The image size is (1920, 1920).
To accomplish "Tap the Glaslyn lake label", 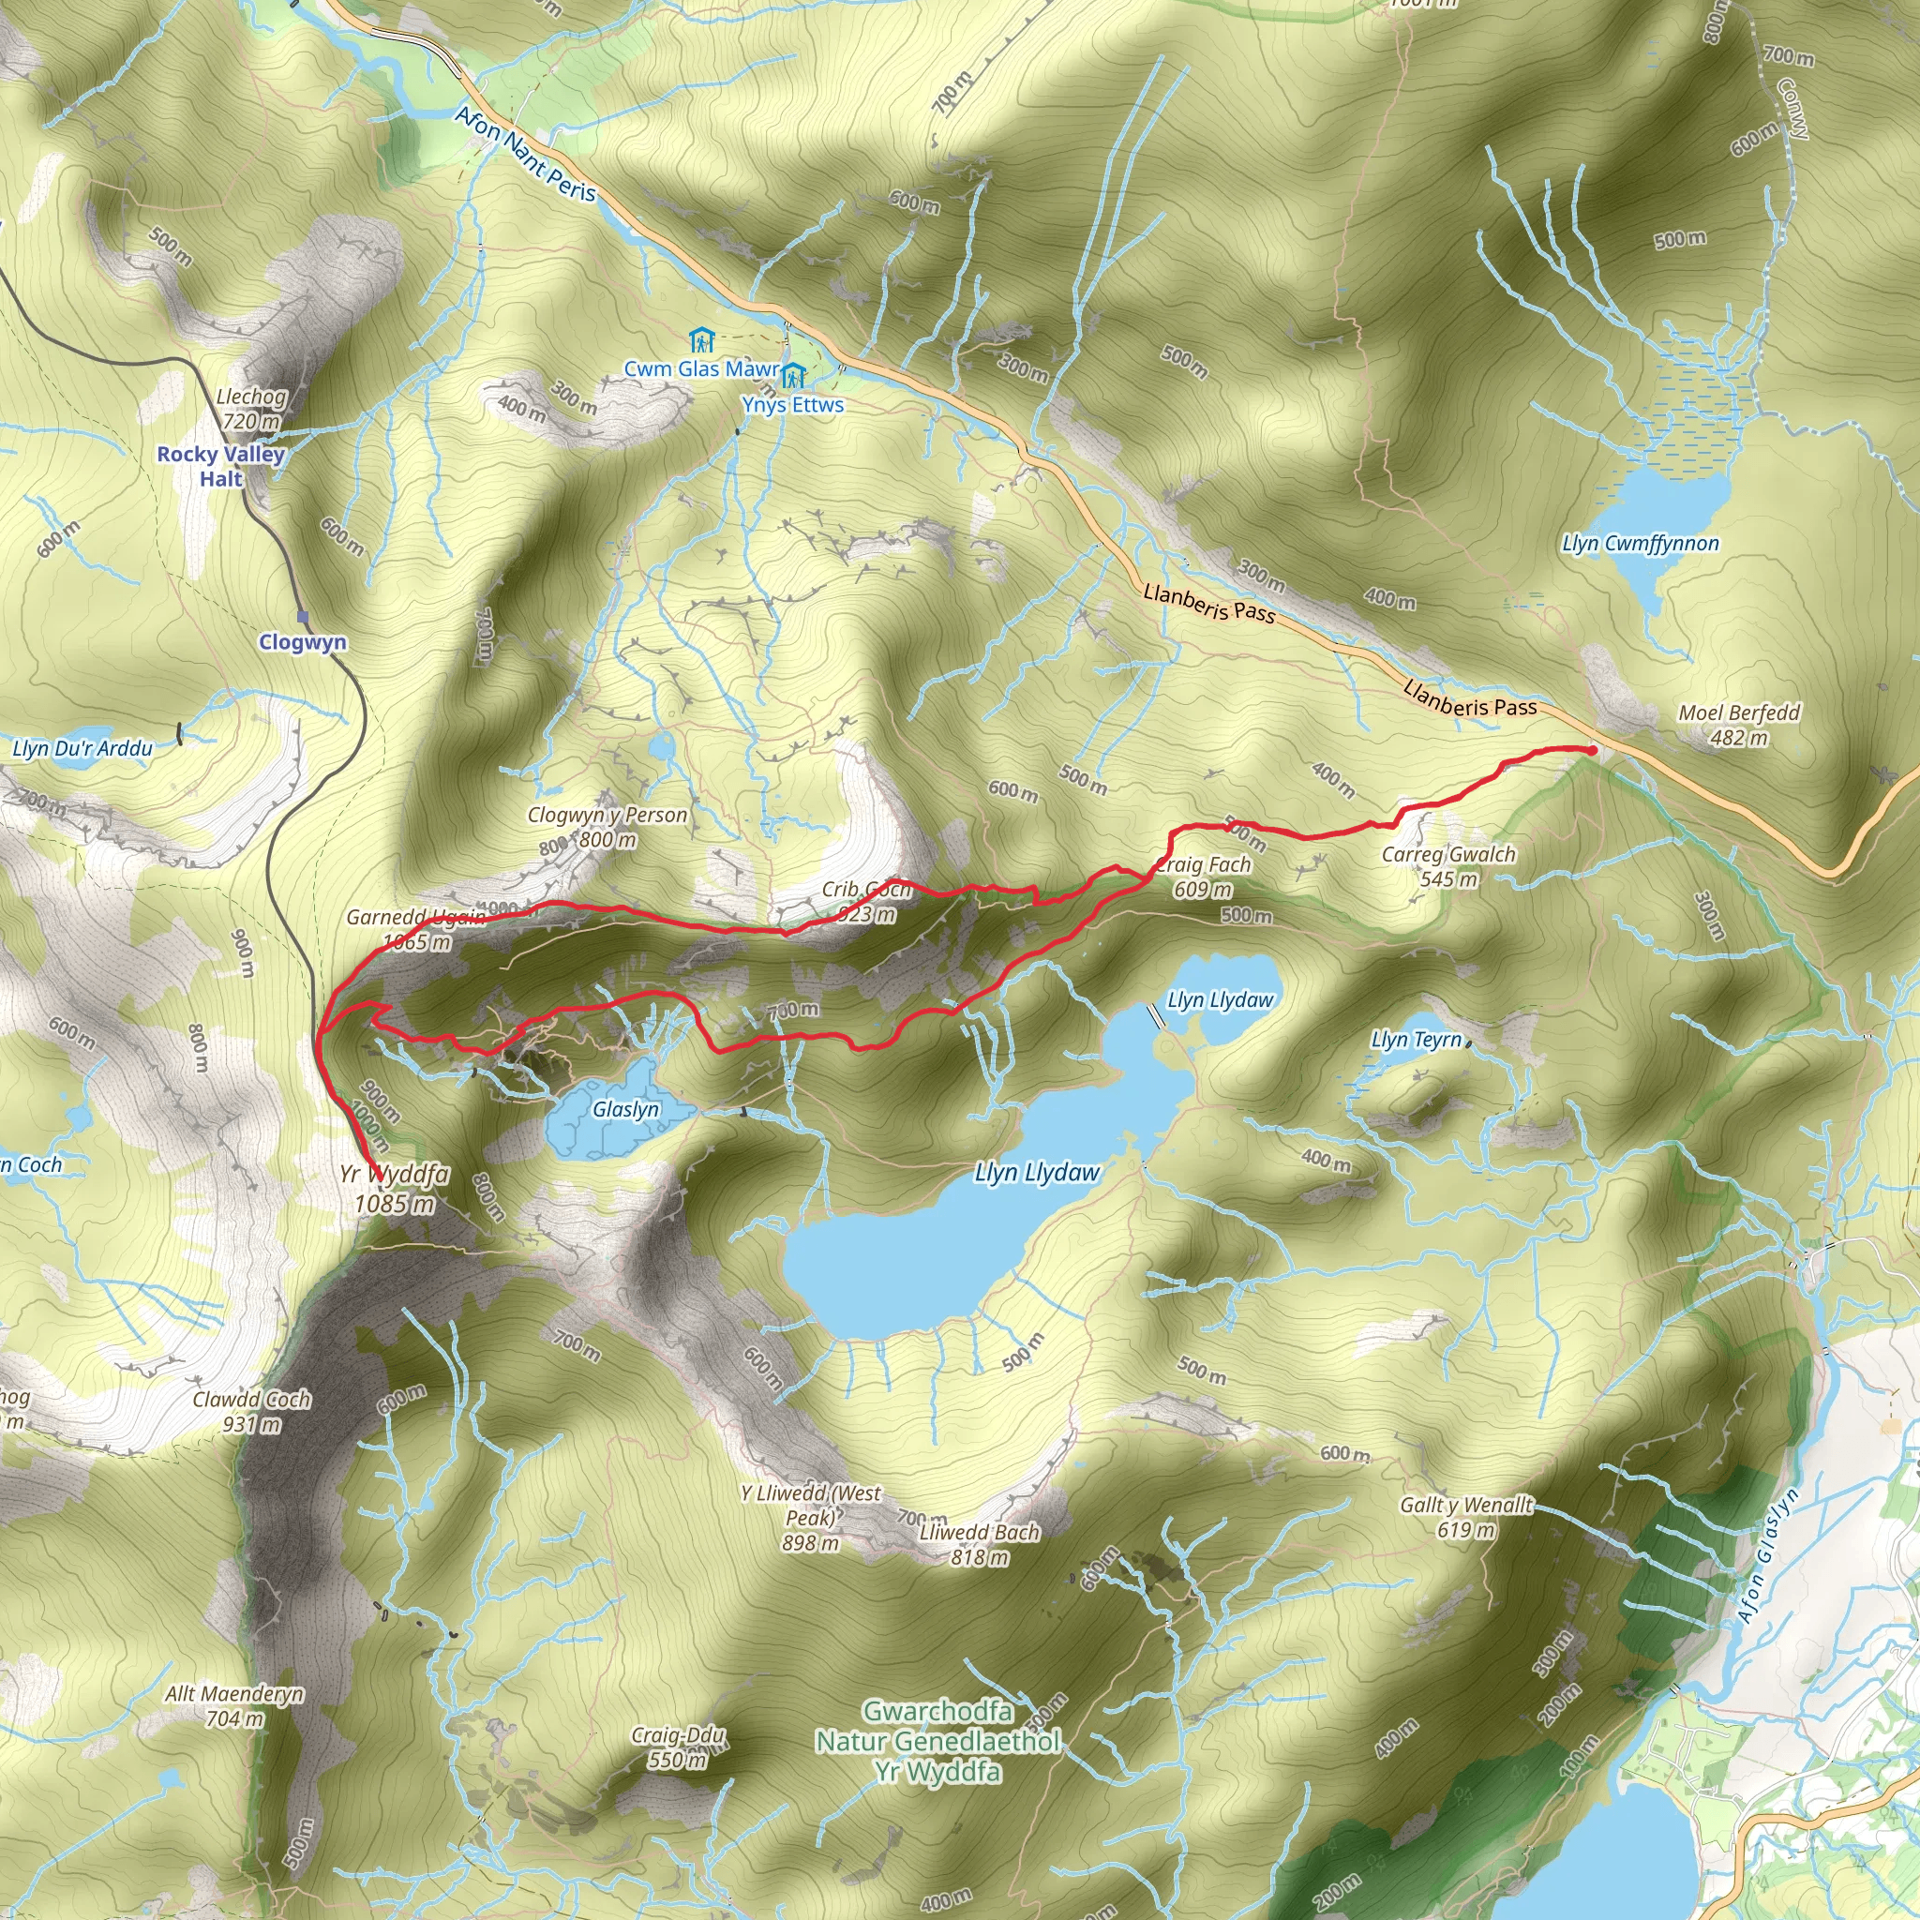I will tap(626, 1108).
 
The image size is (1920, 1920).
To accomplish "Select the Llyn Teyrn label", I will tap(1417, 1040).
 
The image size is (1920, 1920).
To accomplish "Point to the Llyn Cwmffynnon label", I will tap(1640, 544).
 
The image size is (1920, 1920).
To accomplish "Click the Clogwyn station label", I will tap(302, 642).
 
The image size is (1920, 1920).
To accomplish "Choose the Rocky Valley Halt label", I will tap(220, 466).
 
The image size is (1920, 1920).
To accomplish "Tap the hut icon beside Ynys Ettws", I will tap(792, 376).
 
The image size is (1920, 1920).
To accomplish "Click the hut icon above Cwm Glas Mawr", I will tap(701, 341).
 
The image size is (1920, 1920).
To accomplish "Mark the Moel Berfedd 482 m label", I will tap(1739, 725).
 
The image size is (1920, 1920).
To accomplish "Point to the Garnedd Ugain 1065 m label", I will tap(416, 928).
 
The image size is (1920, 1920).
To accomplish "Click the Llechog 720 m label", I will tap(251, 409).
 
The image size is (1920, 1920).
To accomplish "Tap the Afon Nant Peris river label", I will tap(526, 155).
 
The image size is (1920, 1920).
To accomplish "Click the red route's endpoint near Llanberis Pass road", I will tap(1592, 750).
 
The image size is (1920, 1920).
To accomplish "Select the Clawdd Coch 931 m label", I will tap(251, 1411).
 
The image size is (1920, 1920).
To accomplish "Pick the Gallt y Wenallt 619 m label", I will tap(1466, 1517).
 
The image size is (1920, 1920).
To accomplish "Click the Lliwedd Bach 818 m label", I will tap(979, 1544).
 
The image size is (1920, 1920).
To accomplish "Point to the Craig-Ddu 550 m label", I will tap(679, 1748).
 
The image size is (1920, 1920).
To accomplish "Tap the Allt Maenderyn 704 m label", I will tap(234, 1705).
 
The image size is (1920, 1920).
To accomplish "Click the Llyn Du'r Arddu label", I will tap(82, 748).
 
